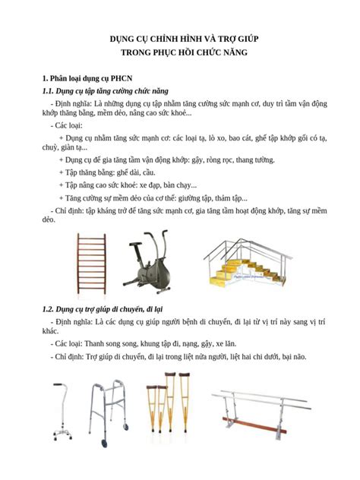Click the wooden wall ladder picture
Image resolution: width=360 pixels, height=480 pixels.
tap(92, 264)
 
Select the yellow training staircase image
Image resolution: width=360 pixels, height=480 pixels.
tap(248, 263)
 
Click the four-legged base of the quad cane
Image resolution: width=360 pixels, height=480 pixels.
tap(62, 434)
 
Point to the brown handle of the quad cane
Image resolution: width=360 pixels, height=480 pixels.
tap(58, 384)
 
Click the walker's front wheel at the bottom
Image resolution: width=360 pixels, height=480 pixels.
tap(104, 443)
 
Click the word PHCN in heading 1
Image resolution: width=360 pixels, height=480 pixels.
tap(122, 78)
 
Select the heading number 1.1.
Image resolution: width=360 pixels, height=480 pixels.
tap(48, 91)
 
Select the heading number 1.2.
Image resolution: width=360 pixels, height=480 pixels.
tap(48, 309)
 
